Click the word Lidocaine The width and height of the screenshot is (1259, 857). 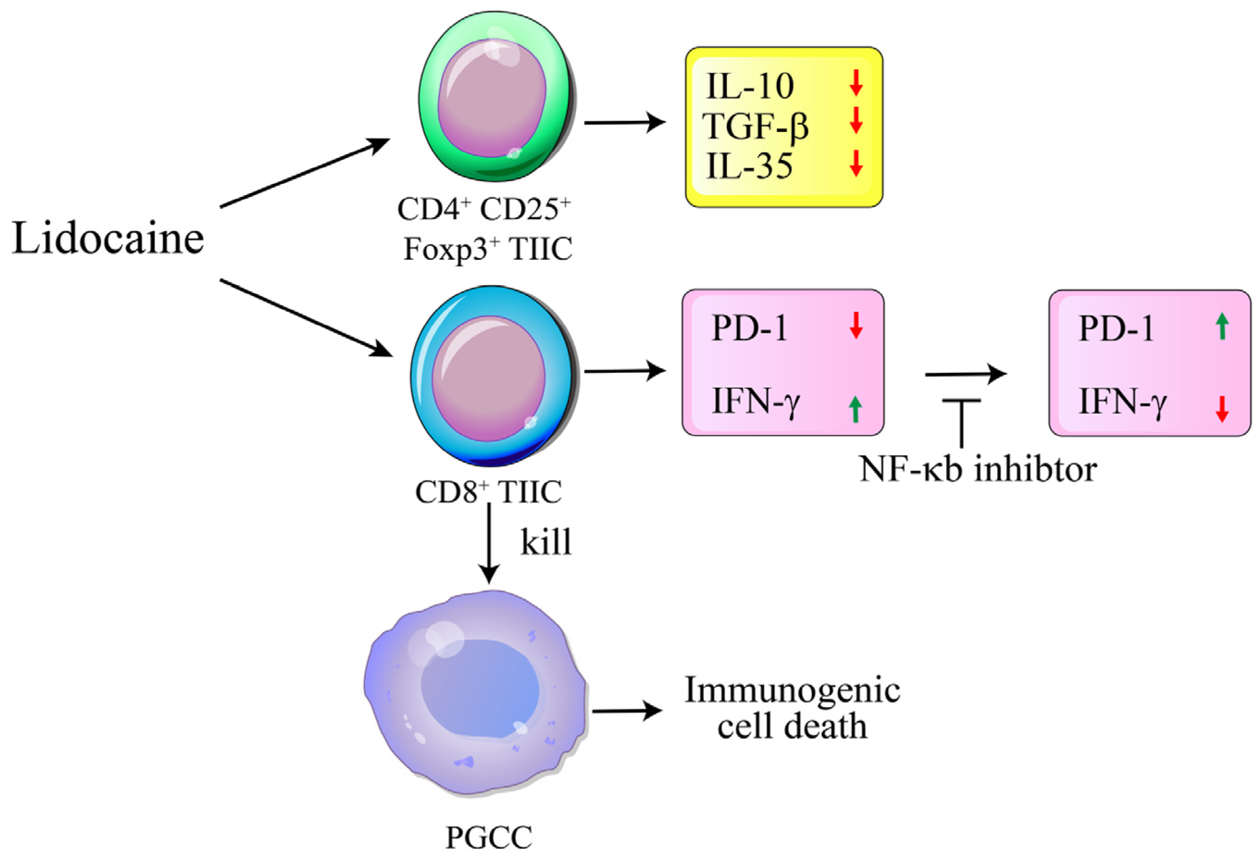click(x=108, y=239)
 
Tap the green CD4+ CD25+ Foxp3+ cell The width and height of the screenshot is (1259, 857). click(x=495, y=97)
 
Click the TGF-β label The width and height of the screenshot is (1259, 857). click(x=756, y=126)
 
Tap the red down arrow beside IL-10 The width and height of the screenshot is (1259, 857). click(x=856, y=83)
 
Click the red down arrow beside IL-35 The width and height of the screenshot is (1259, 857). click(x=856, y=163)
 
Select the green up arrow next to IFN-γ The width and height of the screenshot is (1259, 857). click(x=855, y=409)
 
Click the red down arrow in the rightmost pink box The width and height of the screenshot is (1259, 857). click(x=1221, y=409)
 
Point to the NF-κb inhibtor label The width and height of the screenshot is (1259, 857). click(x=978, y=469)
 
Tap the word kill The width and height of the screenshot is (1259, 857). click(x=546, y=542)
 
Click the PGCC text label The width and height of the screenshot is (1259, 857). click(x=489, y=838)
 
